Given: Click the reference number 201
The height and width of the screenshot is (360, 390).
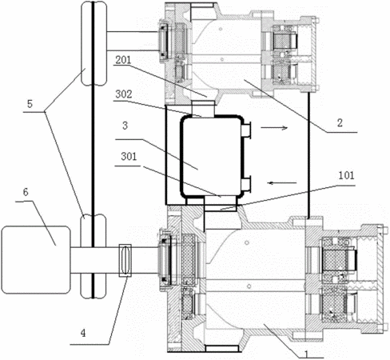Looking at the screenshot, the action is click(x=123, y=60).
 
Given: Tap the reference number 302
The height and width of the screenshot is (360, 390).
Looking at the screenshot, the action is click(x=124, y=94).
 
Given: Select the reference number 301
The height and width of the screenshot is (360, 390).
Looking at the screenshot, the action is click(x=129, y=157).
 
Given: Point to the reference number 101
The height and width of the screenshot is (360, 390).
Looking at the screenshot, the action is click(x=346, y=175).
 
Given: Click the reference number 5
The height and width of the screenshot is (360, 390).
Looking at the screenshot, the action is click(x=30, y=104).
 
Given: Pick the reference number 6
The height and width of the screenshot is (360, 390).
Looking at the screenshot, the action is click(x=26, y=192).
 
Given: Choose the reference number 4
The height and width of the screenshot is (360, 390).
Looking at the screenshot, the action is click(x=83, y=333).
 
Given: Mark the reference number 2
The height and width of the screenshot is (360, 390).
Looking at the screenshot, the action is click(x=340, y=123).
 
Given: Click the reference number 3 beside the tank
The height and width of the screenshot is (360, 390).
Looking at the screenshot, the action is click(x=125, y=126).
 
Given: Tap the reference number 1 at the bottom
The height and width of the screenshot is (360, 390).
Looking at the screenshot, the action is click(x=307, y=354).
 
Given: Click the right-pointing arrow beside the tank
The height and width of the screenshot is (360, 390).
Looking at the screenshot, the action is click(x=274, y=128).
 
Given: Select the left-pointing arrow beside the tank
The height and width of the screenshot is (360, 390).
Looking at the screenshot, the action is click(x=282, y=183).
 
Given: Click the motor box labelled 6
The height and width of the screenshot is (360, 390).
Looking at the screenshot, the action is click(x=36, y=260).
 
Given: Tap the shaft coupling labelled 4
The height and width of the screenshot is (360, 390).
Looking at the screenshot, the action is click(x=125, y=260).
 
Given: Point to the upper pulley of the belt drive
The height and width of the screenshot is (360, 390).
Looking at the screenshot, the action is click(x=94, y=43).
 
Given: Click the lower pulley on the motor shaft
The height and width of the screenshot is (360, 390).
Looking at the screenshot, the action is click(x=94, y=256).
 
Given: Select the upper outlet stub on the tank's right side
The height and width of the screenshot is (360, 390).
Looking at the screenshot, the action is click(x=247, y=130).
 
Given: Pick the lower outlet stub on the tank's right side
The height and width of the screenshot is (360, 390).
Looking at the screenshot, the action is click(x=247, y=184).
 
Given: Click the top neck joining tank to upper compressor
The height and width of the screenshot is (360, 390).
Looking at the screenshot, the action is click(x=203, y=109).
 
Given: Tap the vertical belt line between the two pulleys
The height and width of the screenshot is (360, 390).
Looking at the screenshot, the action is click(x=93, y=150).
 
